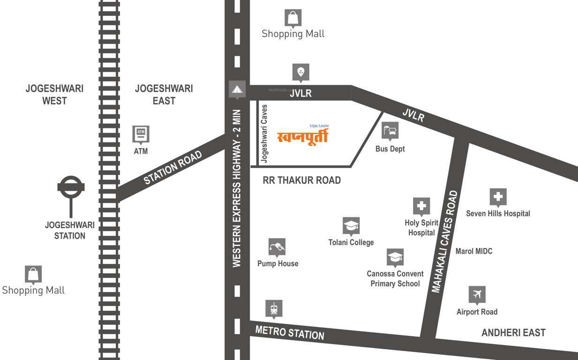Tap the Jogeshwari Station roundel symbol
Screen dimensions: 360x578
(x=71, y=187)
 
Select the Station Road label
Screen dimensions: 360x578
(x=173, y=167)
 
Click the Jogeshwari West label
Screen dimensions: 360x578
(x=54, y=94)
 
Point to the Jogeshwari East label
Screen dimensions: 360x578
(x=164, y=94)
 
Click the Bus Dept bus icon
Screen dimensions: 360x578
(x=390, y=131)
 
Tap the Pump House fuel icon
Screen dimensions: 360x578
(x=277, y=247)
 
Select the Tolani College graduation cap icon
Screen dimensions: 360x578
(x=351, y=226)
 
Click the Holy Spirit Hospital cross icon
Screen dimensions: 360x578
(x=421, y=206)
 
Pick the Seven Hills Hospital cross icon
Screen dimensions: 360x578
(x=498, y=197)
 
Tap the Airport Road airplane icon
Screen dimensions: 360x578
(x=477, y=294)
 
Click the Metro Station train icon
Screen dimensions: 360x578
(x=274, y=308)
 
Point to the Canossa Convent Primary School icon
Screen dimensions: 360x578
(x=395, y=257)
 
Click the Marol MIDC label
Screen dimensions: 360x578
(x=474, y=251)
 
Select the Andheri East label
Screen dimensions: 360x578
(x=513, y=333)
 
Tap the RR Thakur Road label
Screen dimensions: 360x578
(x=301, y=180)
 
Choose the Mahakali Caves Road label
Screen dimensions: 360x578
(x=443, y=242)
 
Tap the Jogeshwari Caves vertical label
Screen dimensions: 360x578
(x=264, y=134)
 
